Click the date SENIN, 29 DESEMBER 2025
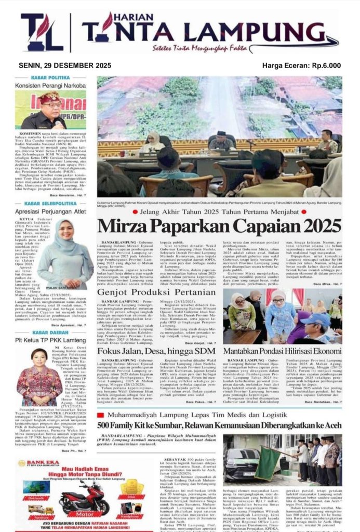coord(65,65)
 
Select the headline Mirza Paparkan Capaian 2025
coord(219,225)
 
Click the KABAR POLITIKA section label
coord(50,77)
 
